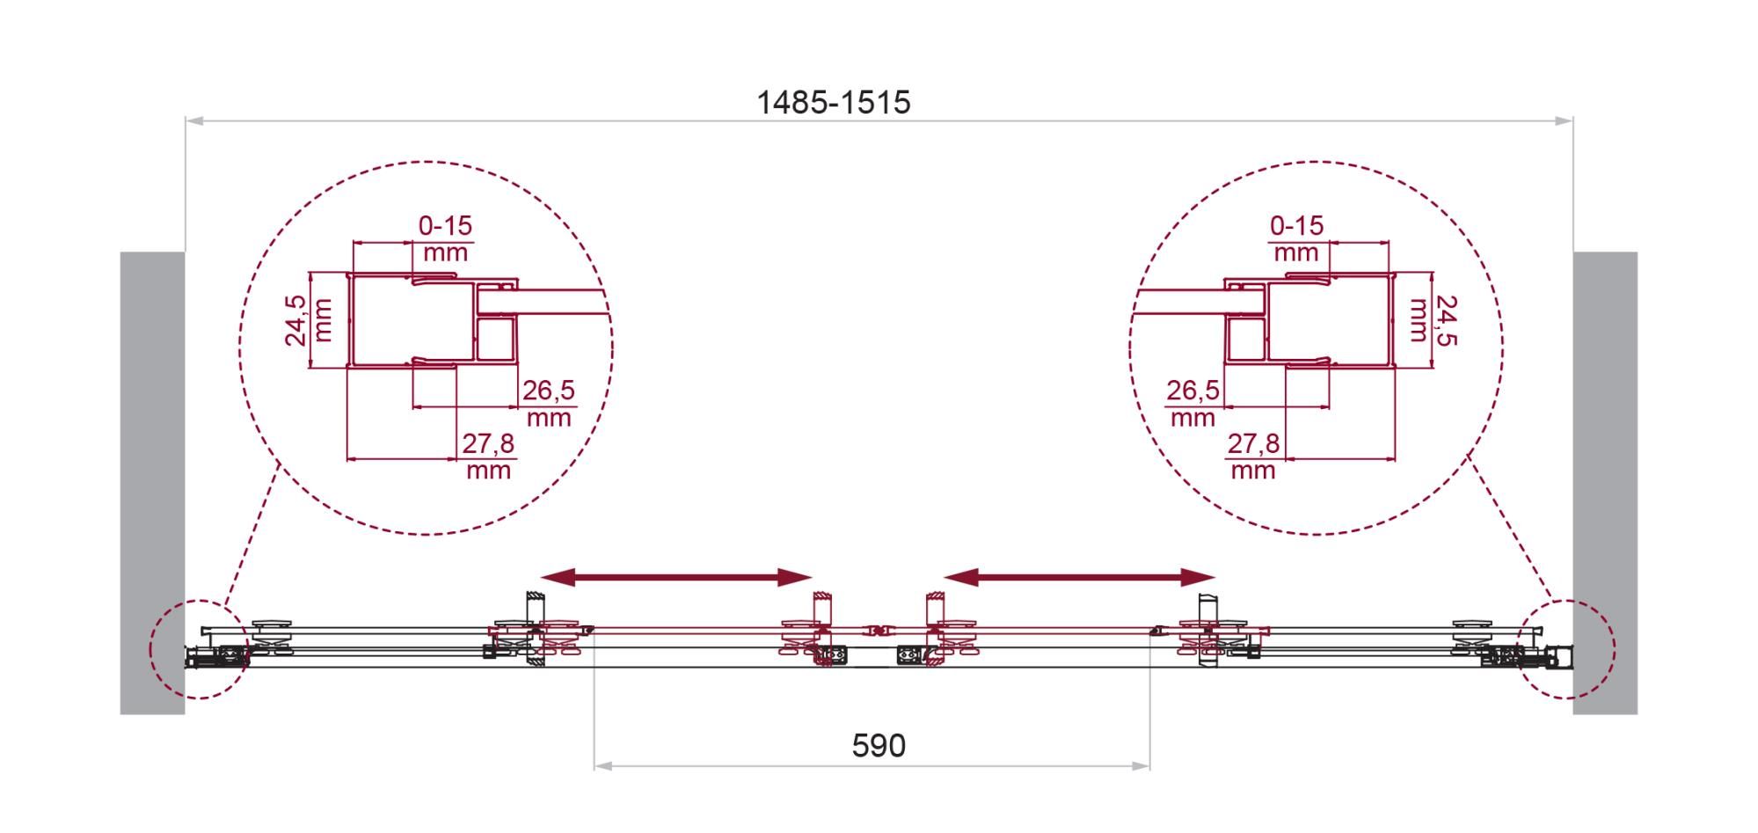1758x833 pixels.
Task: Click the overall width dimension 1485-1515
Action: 834,103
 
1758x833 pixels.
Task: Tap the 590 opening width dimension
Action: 879,746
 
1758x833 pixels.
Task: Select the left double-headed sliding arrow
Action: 675,577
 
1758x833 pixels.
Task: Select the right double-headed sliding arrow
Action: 1079,577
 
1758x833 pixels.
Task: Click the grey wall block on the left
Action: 152,483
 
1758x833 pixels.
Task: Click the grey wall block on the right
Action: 1605,483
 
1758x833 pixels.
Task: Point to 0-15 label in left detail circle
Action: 445,226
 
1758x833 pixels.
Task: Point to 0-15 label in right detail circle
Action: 1296,226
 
